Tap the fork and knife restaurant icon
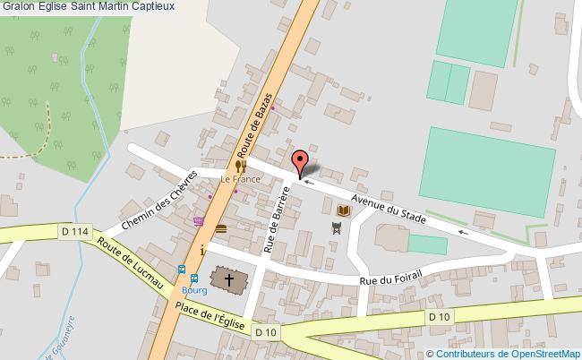click(241, 166)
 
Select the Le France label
click(241, 180)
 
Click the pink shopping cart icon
click(198, 220)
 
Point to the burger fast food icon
click(220, 230)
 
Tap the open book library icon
click(344, 210)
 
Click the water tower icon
click(336, 228)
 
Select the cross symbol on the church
click(229, 280)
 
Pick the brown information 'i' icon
click(202, 250)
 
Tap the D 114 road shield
click(75, 232)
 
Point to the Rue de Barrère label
click(278, 220)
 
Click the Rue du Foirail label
click(389, 274)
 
